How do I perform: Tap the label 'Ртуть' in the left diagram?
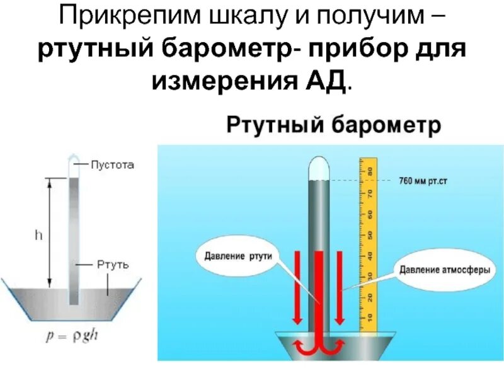pos(114,265)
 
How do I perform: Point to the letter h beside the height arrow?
pos(39,234)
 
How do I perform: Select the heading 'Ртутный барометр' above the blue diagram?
pos(334,125)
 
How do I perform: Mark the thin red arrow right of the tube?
pos(340,283)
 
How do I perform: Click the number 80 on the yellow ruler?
pos(370,171)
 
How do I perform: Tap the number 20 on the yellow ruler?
pos(370,296)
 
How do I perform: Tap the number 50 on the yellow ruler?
pos(370,234)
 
